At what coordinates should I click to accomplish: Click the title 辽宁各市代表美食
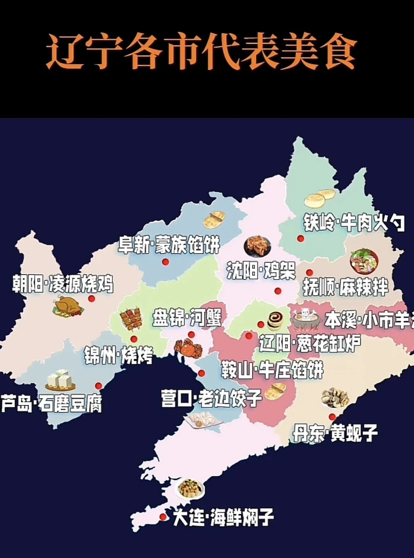201,53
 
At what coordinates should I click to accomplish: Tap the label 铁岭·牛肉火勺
354,223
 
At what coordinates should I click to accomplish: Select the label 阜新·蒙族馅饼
169,245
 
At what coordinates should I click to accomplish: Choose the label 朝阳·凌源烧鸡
63,284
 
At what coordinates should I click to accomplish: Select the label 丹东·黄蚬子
334,433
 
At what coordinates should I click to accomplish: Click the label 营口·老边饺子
211,398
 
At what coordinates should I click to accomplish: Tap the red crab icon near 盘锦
188,348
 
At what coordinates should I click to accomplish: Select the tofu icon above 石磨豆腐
60,380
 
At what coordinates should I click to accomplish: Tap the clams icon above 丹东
335,397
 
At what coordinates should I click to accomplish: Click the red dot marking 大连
163,517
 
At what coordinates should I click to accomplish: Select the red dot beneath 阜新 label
165,262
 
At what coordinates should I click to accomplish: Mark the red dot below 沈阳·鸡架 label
278,291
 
